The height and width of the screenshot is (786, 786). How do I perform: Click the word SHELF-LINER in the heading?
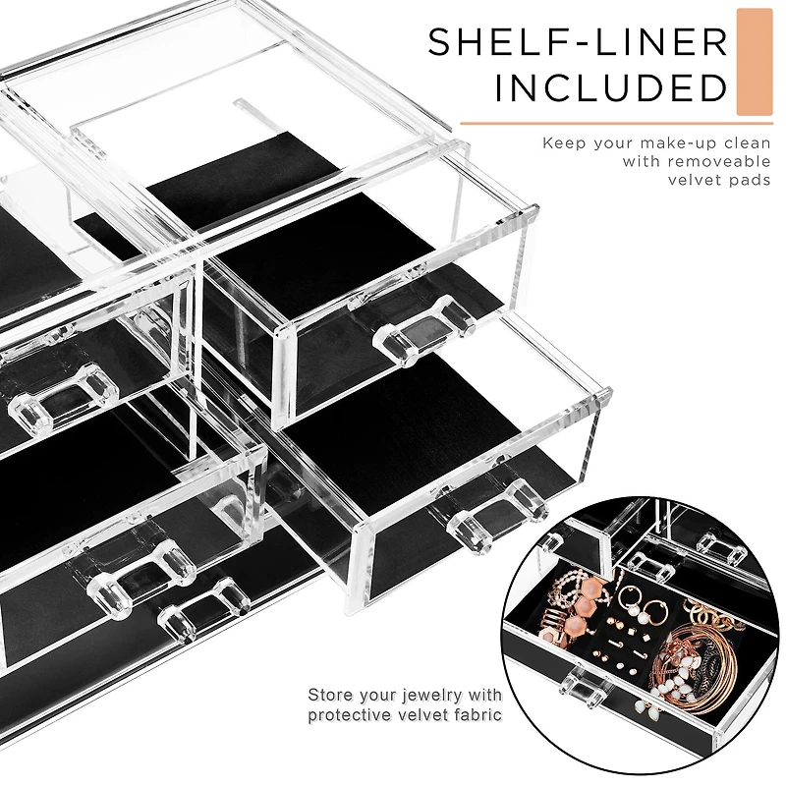578,42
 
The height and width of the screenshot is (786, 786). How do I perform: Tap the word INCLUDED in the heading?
611,87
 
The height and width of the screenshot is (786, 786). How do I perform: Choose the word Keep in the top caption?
564,143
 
